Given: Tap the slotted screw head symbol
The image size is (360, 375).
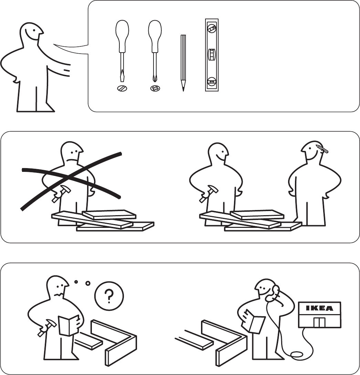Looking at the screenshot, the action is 122,88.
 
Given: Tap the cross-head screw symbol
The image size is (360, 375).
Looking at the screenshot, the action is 155,88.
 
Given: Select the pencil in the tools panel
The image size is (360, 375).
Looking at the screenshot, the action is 183,63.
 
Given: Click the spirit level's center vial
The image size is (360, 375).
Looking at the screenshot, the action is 212,55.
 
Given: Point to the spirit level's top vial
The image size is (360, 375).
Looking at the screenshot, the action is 212,29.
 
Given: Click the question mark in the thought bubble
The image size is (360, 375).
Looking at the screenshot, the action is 109,296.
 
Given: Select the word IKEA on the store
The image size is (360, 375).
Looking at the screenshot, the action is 319,308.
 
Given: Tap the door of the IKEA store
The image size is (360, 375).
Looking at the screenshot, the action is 319,322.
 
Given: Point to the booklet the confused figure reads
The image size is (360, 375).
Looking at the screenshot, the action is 69,325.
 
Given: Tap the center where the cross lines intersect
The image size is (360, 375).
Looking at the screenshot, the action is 69,177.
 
